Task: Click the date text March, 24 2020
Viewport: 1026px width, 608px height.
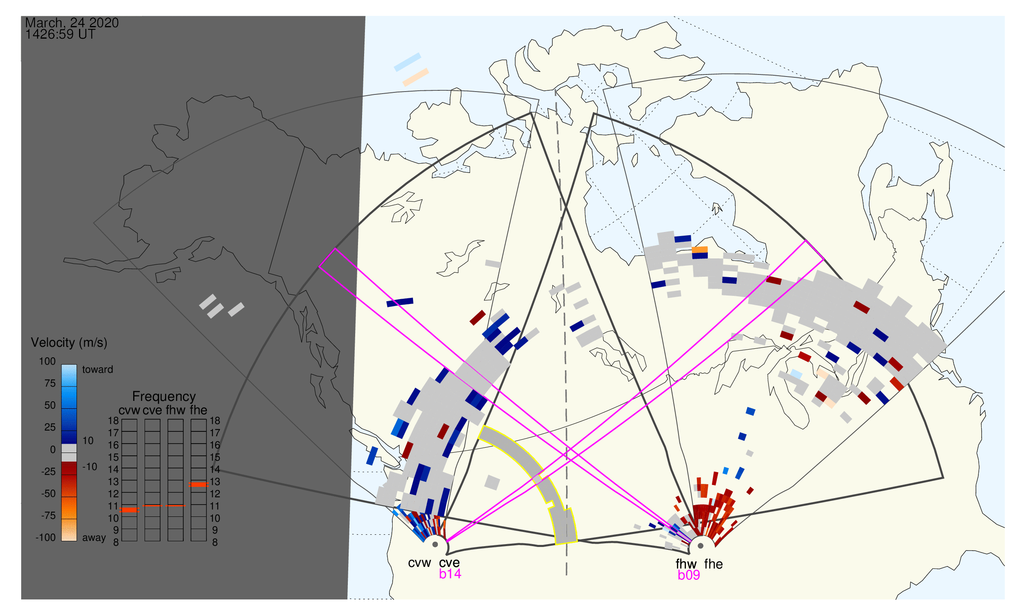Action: (72, 22)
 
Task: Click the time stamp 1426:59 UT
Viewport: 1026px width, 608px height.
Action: (60, 35)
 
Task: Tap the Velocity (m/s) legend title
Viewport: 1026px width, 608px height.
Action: (69, 343)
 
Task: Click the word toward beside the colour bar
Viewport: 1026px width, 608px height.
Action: (98, 370)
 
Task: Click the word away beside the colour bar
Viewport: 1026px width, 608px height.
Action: (94, 538)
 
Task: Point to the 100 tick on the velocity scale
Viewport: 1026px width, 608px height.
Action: (47, 361)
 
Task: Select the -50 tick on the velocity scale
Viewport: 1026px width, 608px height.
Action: (48, 494)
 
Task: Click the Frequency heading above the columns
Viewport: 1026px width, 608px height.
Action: (164, 397)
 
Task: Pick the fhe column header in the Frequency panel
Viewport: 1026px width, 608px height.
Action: (198, 410)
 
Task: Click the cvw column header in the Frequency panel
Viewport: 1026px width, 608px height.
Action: (129, 411)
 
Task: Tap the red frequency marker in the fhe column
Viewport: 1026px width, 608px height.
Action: (198, 485)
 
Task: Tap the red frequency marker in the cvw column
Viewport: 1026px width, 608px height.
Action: (130, 510)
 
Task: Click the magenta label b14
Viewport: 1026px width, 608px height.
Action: (450, 574)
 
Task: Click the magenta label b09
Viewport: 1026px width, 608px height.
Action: (689, 575)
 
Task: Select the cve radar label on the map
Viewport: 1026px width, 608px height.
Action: (449, 563)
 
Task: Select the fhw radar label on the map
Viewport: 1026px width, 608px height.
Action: (686, 564)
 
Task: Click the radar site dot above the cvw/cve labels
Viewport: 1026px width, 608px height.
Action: (435, 545)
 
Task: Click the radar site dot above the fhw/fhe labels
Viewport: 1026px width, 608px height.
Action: (701, 546)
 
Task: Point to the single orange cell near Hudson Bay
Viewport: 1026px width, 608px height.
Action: (700, 249)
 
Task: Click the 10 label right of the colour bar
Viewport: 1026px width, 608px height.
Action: (88, 441)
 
